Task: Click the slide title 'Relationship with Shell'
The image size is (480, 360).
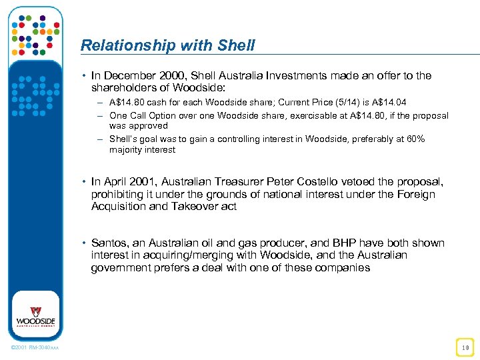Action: (167, 45)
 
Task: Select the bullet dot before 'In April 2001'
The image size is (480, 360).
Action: (85, 182)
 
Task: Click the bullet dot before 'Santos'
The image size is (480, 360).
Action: (85, 243)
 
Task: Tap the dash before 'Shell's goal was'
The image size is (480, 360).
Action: (100, 139)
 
